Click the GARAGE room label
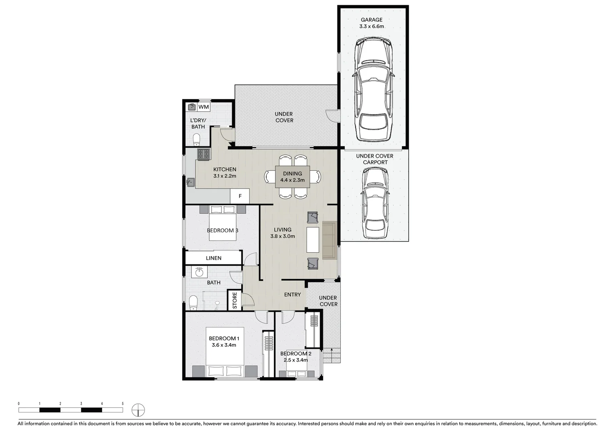pyautogui.click(x=371, y=20)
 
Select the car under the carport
pyautogui.click(x=375, y=203)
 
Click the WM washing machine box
pyautogui.click(x=204, y=107)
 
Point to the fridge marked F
pyautogui.click(x=240, y=196)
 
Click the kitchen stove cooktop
pyautogui.click(x=204, y=154)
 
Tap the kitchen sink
pyautogui.click(x=191, y=182)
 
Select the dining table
pyautogui.click(x=292, y=177)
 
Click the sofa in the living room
pyautogui.click(x=329, y=240)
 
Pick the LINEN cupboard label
pyautogui.click(x=214, y=258)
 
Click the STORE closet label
pyautogui.click(x=235, y=301)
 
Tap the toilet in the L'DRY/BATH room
pyautogui.click(x=197, y=140)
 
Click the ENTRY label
pyautogui.click(x=292, y=295)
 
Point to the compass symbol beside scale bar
pyautogui.click(x=138, y=410)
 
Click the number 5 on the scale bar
pyautogui.click(x=123, y=403)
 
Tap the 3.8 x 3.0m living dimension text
pyautogui.click(x=282, y=236)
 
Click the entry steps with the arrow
pyautogui.click(x=331, y=355)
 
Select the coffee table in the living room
pyautogui.click(x=313, y=240)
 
